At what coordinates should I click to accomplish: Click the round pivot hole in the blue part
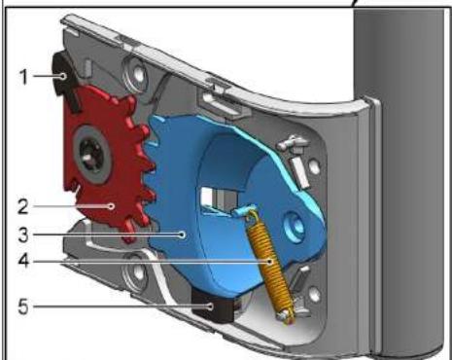coord(297,227)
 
